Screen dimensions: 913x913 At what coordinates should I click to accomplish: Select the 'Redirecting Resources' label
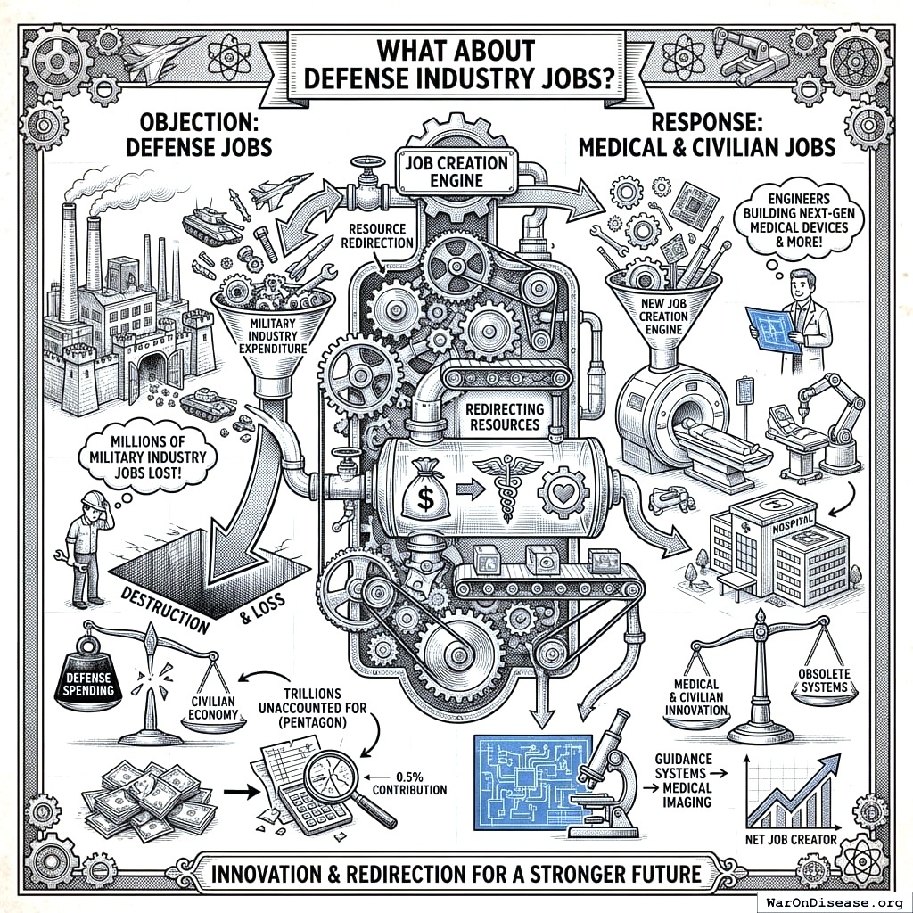click(x=503, y=414)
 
